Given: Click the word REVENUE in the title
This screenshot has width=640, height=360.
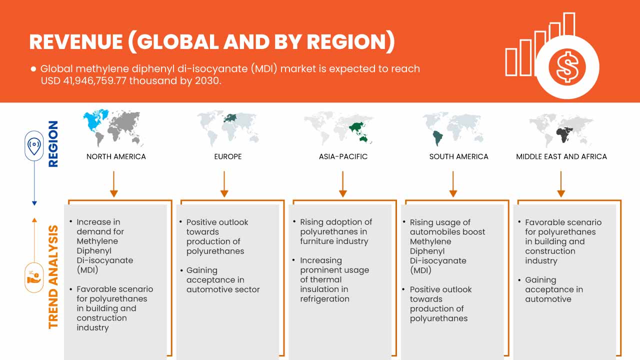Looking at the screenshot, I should coord(75,42).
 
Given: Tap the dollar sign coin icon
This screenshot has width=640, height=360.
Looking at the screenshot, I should coord(566,67).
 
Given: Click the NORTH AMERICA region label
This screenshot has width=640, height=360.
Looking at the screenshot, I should coord(116,156).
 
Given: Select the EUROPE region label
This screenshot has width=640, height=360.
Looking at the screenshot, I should coord(228,156).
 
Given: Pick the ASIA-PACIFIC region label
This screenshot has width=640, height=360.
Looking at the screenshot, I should coord(343,156).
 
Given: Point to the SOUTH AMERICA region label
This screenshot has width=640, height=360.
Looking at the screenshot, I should coord(458,156).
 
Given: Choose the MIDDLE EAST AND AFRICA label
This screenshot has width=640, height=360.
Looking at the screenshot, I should coord(561,156).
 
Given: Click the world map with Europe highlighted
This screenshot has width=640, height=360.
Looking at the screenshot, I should coord(228,127).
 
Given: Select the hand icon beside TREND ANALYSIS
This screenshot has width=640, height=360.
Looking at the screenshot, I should coord(34,277).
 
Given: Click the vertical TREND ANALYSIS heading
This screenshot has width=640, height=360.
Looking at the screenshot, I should coord(53,277).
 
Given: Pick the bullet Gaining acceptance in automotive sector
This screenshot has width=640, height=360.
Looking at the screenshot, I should coord(222,279).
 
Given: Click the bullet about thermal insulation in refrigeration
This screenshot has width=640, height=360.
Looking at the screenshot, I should coord(334,279).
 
